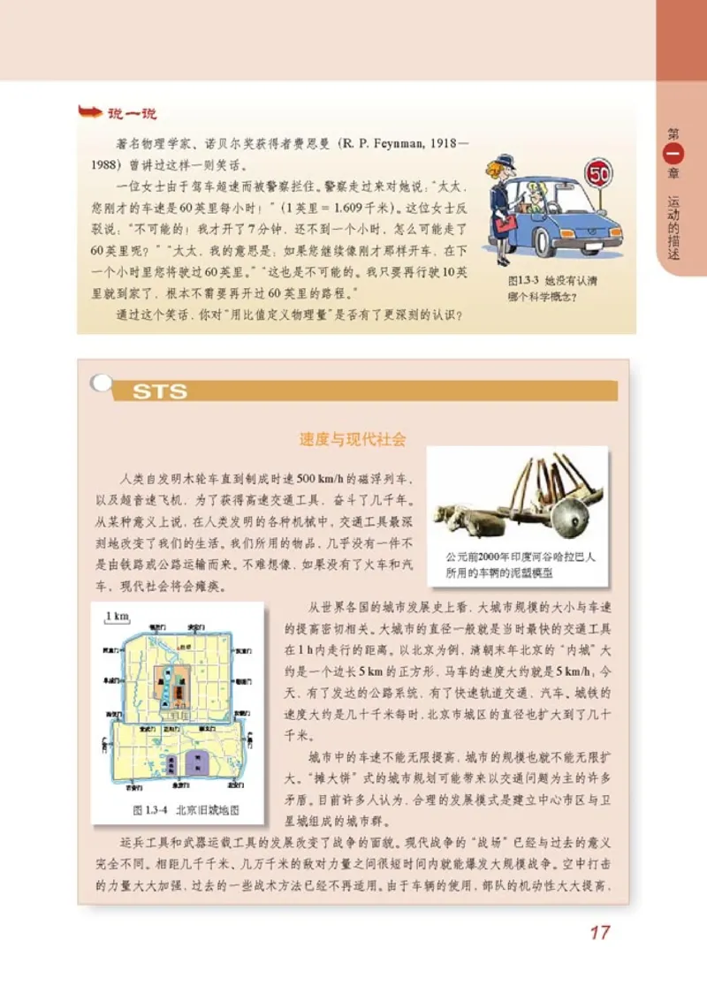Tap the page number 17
tap(599, 932)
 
